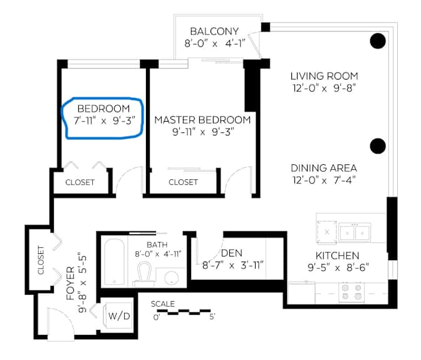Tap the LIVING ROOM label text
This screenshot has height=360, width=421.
[323, 76]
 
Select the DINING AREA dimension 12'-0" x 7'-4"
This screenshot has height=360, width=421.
[323, 181]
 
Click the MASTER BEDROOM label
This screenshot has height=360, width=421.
[202, 120]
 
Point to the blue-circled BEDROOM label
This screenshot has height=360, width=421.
[103, 109]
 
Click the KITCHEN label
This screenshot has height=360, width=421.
[337, 255]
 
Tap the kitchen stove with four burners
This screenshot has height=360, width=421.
[350, 291]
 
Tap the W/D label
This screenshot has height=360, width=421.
[120, 315]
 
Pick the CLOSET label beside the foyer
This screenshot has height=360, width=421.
[41, 260]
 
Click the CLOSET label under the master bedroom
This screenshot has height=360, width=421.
[183, 183]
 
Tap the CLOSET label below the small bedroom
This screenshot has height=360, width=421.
[80, 183]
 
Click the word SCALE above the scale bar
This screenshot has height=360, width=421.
[163, 304]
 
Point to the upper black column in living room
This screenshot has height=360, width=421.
[377, 41]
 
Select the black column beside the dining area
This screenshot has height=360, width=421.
[377, 146]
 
